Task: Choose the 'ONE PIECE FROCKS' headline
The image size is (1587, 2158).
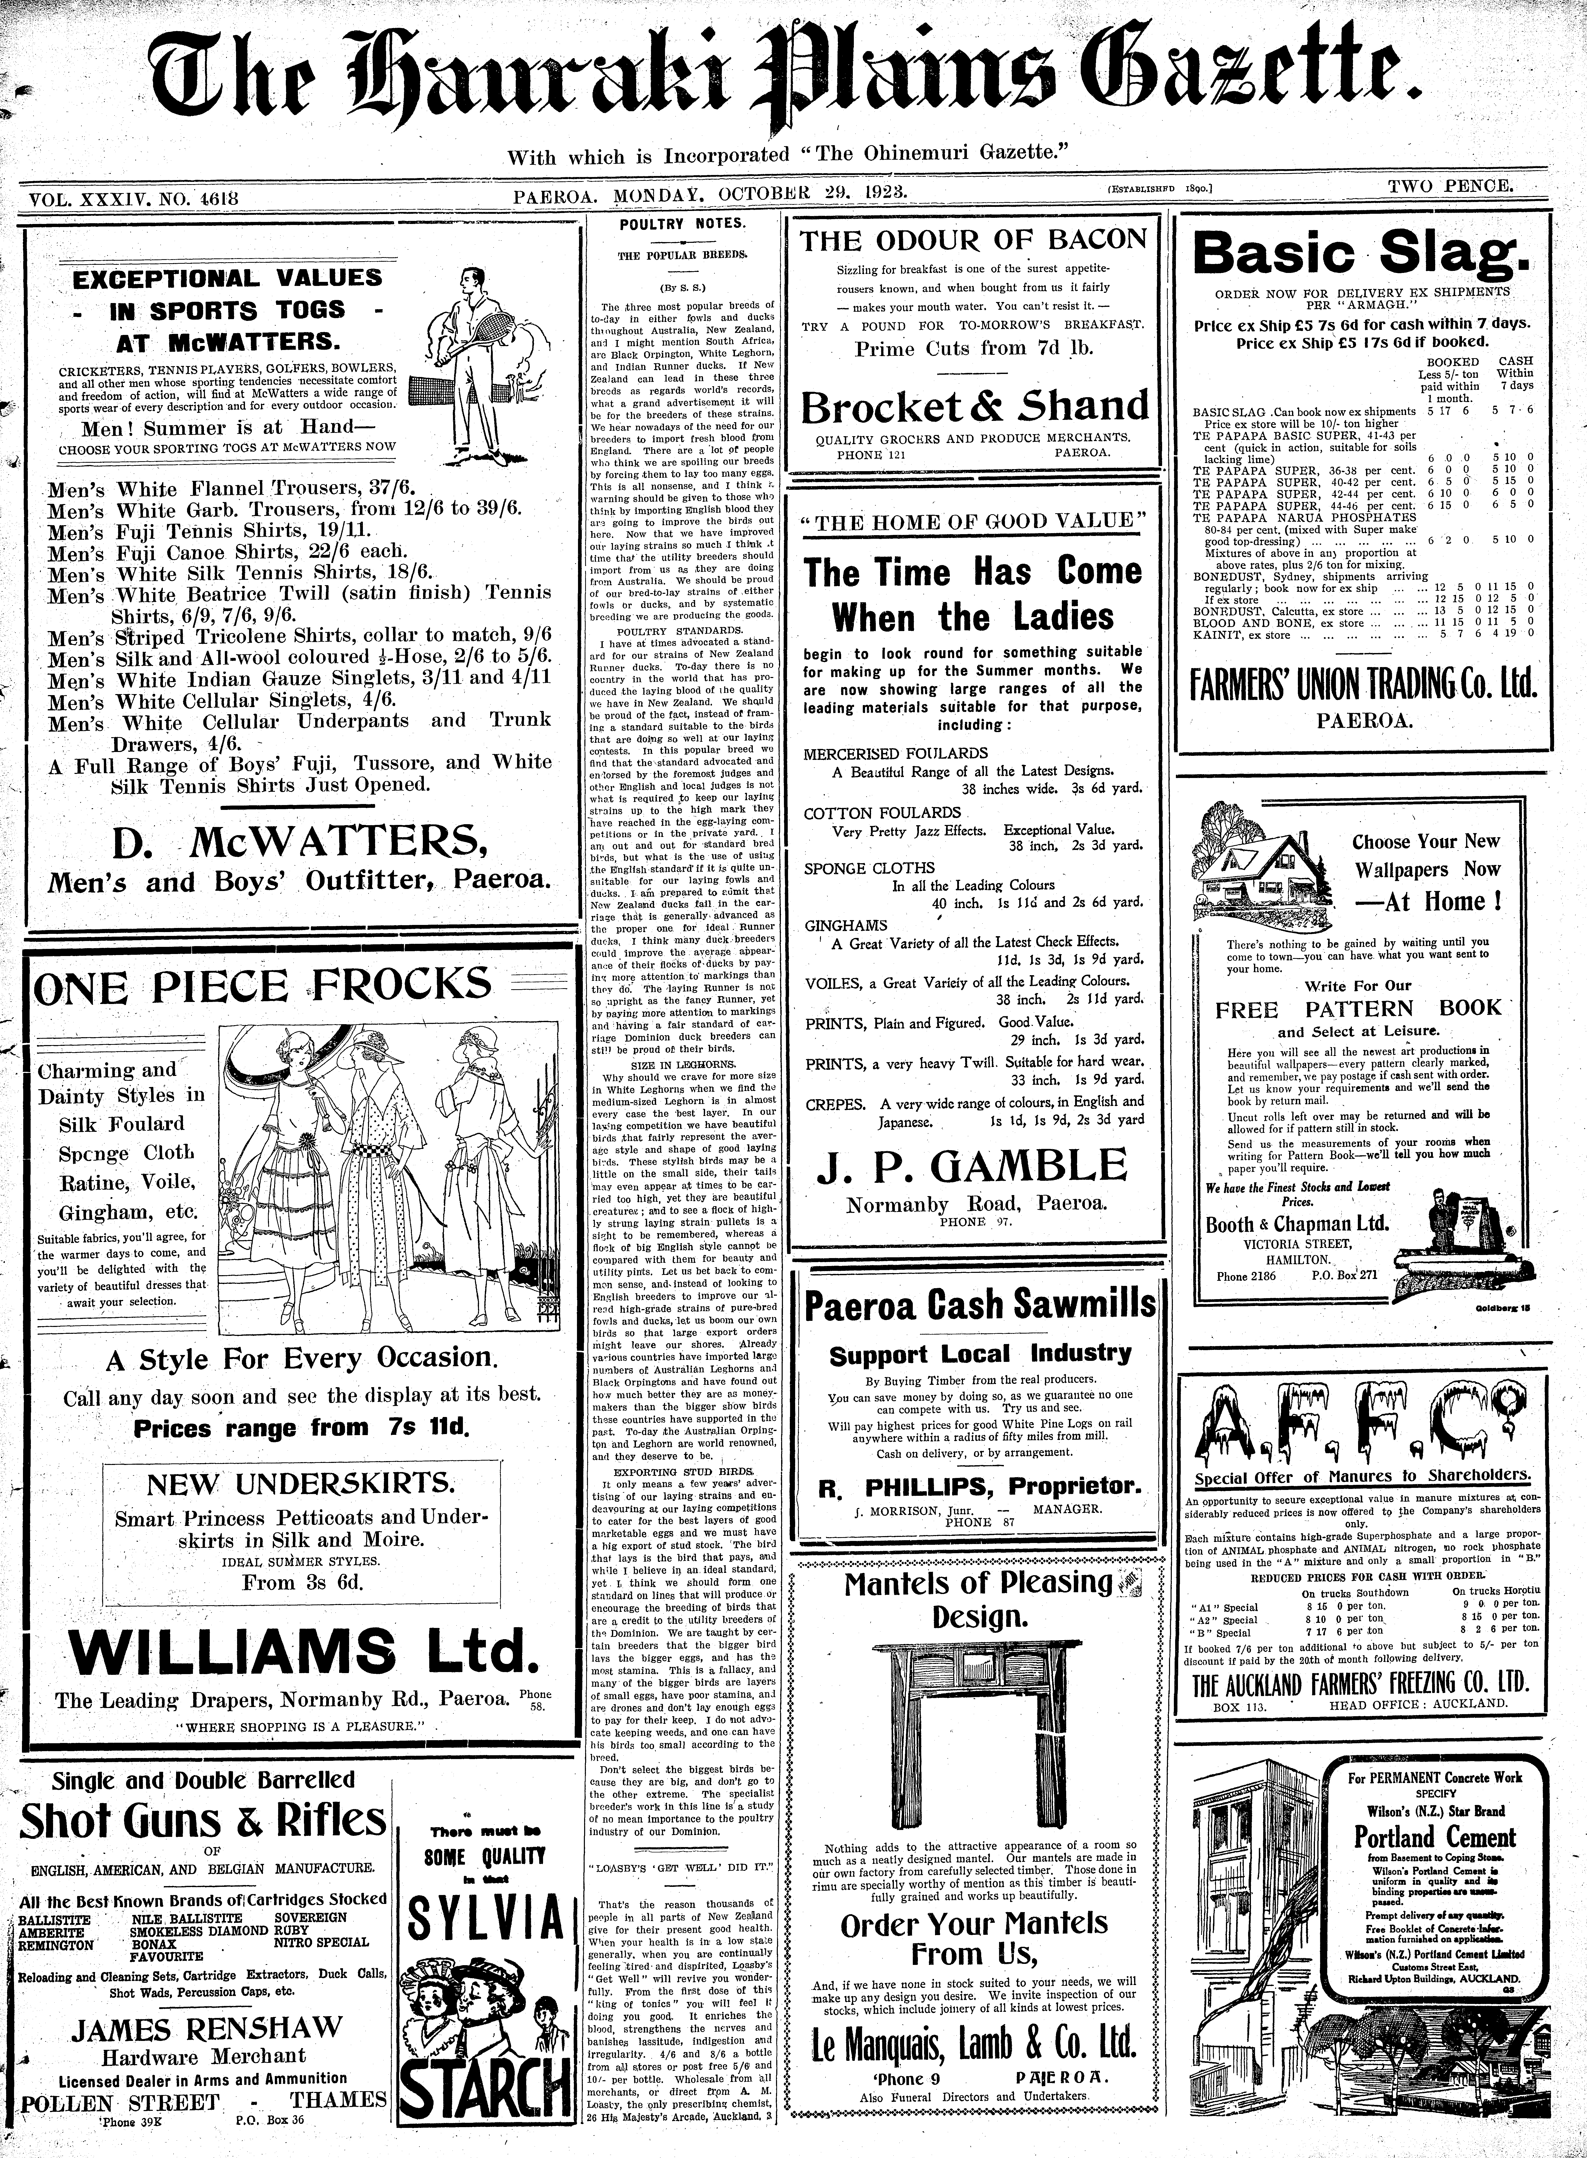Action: (262, 986)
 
